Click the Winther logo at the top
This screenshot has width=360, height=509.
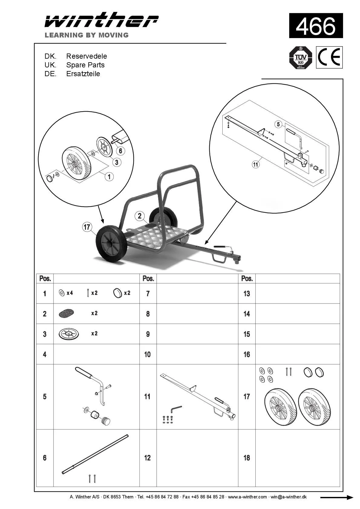tap(101, 21)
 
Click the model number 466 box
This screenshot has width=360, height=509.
tap(316, 26)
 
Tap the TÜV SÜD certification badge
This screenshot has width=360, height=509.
tap(300, 57)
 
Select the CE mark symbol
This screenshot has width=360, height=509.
tap(329, 57)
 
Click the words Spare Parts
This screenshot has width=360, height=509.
tap(85, 65)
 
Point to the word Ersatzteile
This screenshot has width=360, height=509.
tap(83, 74)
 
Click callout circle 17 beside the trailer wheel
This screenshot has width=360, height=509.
tap(87, 227)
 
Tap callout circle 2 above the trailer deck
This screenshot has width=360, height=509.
tap(139, 216)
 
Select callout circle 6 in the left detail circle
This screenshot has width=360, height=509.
tap(120, 151)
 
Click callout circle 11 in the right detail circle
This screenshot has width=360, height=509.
tap(256, 164)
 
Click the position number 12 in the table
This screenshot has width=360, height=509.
tap(147, 458)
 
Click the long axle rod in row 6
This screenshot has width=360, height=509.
tap(95, 454)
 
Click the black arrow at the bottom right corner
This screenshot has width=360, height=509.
tap(336, 498)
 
